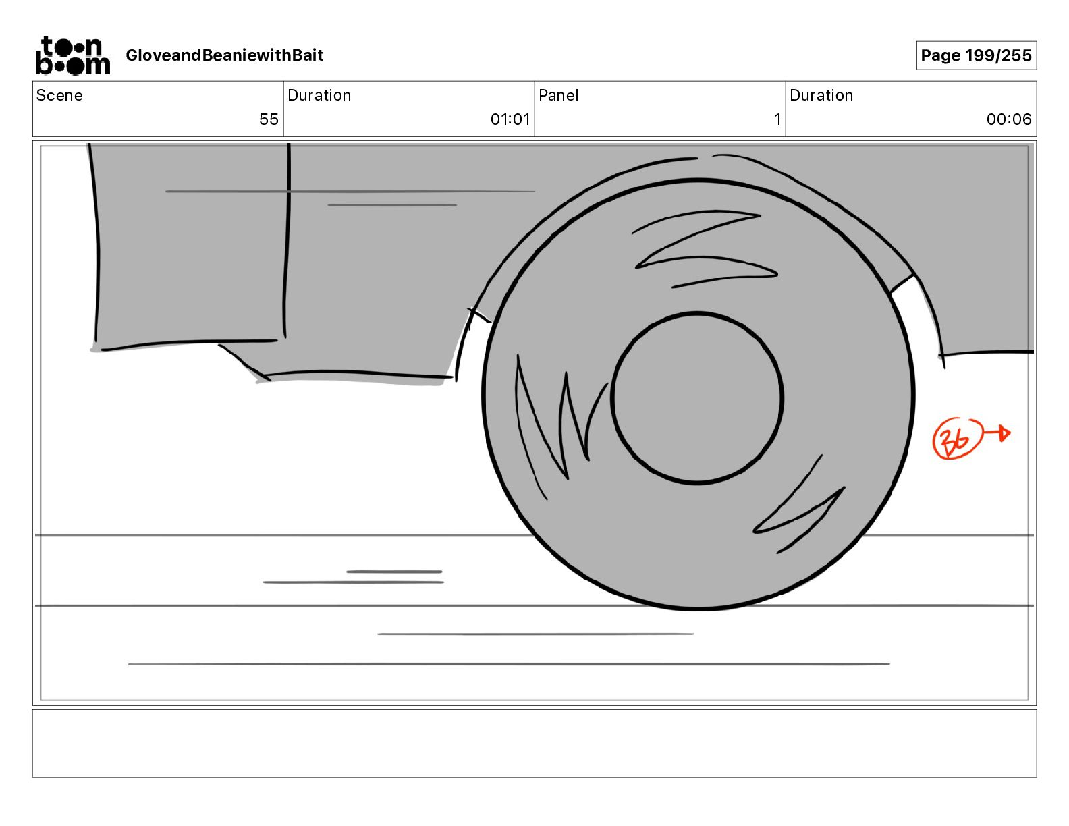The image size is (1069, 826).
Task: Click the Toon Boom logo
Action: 73,55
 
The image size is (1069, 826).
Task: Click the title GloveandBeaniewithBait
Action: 224,55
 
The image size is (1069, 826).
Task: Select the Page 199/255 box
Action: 976,55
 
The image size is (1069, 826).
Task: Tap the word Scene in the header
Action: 59,95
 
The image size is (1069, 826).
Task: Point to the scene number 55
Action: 269,119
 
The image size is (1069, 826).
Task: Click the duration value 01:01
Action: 510,119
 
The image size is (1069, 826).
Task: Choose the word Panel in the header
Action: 558,95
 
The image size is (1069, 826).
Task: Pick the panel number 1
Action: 777,119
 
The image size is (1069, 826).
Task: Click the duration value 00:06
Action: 1008,119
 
